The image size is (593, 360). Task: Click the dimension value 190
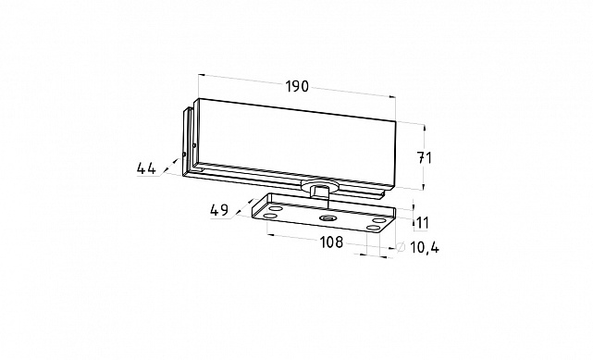(297, 87)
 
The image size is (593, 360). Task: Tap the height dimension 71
(424, 157)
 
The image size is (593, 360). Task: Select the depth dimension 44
(146, 168)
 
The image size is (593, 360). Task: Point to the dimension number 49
(220, 210)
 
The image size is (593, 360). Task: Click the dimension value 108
(332, 242)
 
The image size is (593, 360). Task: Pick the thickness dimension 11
(422, 223)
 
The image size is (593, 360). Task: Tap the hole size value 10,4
(425, 248)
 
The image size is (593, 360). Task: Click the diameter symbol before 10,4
(401, 246)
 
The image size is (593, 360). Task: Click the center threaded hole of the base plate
(326, 218)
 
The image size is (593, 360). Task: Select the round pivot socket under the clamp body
(318, 186)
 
